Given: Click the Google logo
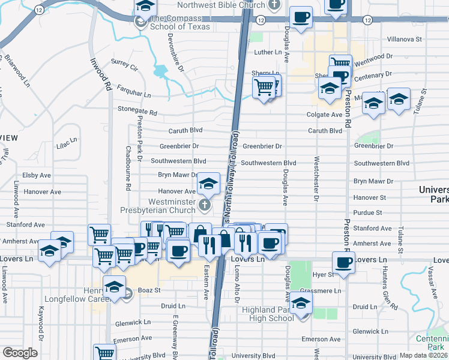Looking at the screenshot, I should click(20, 353).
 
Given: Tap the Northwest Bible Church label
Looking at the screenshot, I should click(221, 5).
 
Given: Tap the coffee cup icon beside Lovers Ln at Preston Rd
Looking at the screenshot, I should click(344, 263).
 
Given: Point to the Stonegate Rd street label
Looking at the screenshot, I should click(137, 112).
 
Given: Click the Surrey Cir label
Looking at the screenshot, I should click(124, 62).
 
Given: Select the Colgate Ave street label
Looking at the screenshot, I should click(324, 115).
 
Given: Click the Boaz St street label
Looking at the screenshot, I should click(149, 290).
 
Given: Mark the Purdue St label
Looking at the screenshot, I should click(367, 213).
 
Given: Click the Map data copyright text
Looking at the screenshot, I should click(423, 355).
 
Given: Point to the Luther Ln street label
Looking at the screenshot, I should click(268, 53).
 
